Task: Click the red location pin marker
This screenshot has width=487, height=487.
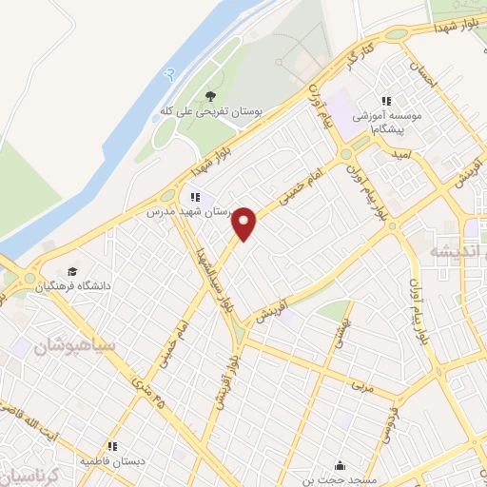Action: coord(245,224)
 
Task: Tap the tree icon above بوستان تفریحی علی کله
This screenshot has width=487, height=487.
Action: coord(210,95)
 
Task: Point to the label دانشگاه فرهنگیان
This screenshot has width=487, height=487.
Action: coord(74,285)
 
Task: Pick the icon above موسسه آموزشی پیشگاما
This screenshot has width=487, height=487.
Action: coord(386,101)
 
